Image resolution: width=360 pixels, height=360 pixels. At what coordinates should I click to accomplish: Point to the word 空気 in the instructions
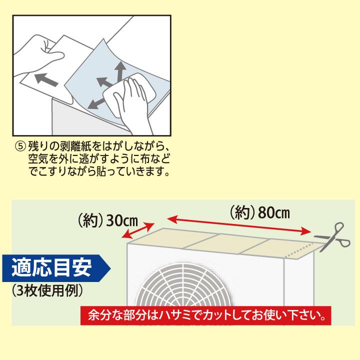coord(37,159)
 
